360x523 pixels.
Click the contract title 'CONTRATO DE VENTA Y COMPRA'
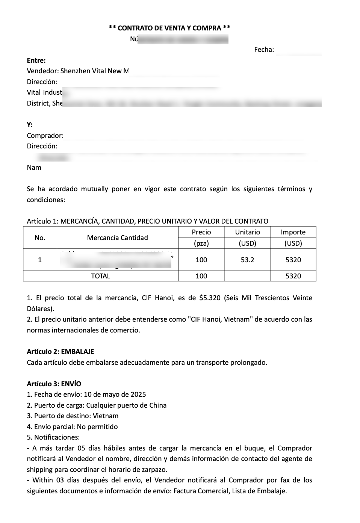click(169, 28)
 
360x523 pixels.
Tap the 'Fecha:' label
click(264, 50)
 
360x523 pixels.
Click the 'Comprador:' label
click(45, 136)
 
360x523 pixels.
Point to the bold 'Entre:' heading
click(36, 60)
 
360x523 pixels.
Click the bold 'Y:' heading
click(30, 125)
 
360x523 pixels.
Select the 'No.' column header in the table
click(40, 238)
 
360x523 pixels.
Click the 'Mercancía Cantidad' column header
click(117, 238)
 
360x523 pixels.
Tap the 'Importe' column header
click(293, 232)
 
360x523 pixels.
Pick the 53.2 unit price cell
click(247, 260)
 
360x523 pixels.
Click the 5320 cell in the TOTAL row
click(293, 276)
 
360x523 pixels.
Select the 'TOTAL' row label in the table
click(100, 276)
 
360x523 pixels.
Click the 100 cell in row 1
click(201, 260)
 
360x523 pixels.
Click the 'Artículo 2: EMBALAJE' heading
click(61, 352)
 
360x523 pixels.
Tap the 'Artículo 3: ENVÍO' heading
click(54, 384)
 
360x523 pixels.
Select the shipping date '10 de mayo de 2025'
click(115, 395)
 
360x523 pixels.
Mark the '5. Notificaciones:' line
click(53, 437)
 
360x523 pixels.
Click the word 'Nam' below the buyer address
click(34, 168)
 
